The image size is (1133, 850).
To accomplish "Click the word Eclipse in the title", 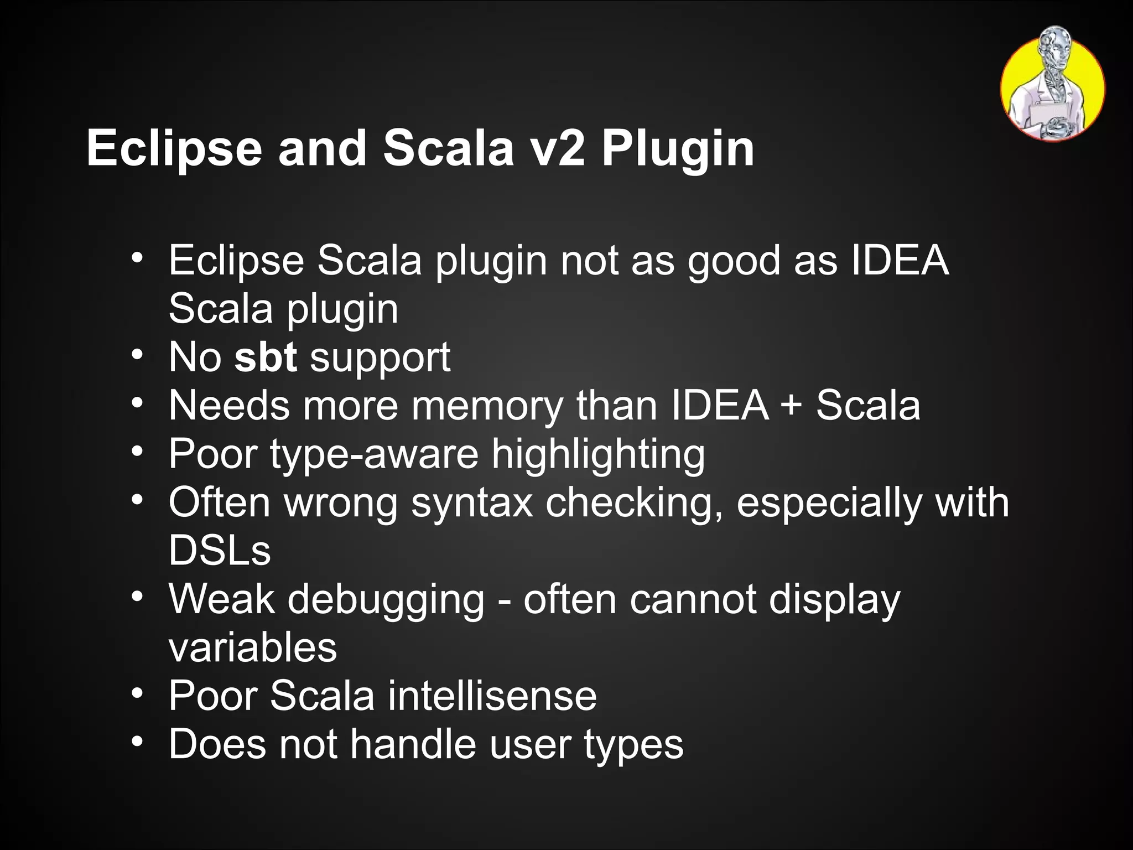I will (174, 149).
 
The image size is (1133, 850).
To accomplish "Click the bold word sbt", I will (266, 357).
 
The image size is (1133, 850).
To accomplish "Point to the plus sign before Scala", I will (792, 405).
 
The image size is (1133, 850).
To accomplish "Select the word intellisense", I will (492, 696).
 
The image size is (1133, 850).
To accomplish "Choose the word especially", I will (829, 503).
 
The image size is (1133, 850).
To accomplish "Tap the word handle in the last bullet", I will (413, 744).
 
